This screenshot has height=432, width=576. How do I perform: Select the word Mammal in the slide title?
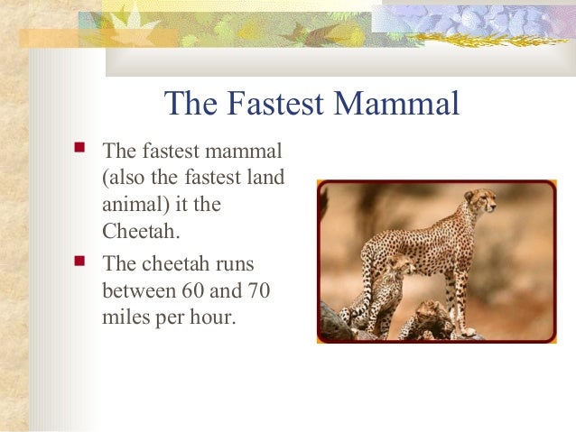pyautogui.click(x=396, y=106)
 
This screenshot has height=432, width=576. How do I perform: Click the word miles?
pyautogui.click(x=125, y=319)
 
